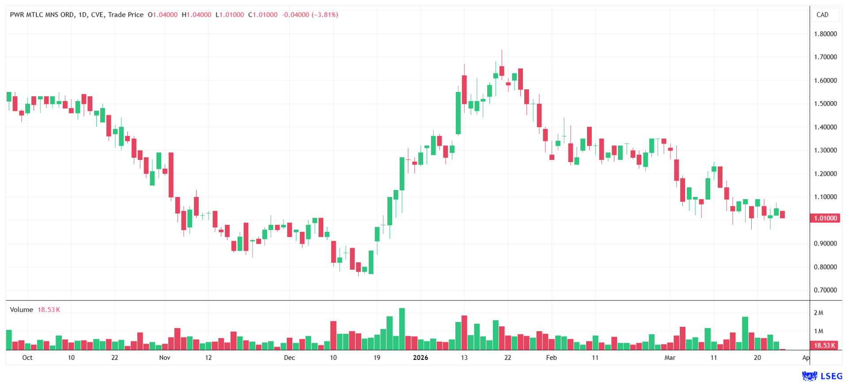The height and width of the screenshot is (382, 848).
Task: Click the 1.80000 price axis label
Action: pyautogui.click(x=825, y=34)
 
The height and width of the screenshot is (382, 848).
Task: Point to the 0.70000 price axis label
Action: pyautogui.click(x=825, y=290)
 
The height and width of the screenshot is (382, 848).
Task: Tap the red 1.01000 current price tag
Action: pyautogui.click(x=825, y=218)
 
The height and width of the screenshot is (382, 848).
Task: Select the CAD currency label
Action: pyautogui.click(x=822, y=15)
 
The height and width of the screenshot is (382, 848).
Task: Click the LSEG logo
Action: pyautogui.click(x=822, y=376)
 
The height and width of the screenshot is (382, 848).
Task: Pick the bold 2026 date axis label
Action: pyautogui.click(x=420, y=358)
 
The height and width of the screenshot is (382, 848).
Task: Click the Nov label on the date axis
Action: pyautogui.click(x=165, y=358)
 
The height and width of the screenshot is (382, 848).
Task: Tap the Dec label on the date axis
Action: pyautogui.click(x=289, y=358)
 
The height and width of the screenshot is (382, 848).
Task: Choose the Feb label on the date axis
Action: pyautogui.click(x=551, y=358)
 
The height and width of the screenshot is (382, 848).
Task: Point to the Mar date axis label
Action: pyautogui.click(x=670, y=358)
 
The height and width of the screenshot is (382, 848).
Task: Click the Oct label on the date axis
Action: pyautogui.click(x=27, y=358)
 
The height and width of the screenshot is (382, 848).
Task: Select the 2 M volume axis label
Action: pyautogui.click(x=818, y=313)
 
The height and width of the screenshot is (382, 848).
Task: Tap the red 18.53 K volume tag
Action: pyautogui.click(x=824, y=345)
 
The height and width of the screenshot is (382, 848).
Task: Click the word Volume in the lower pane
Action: pyautogui.click(x=22, y=310)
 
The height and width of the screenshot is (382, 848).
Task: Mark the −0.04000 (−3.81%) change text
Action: pyautogui.click(x=310, y=15)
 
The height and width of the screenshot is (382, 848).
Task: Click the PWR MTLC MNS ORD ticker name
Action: pyautogui.click(x=42, y=15)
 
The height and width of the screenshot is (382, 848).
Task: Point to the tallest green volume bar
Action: pyautogui.click(x=402, y=329)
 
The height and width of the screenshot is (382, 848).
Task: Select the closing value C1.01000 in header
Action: pyautogui.click(x=263, y=15)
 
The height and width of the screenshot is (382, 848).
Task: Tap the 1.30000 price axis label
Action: pyautogui.click(x=825, y=150)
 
